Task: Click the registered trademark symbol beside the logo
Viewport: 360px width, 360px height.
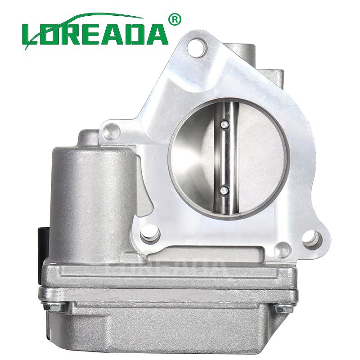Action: coord(175,19)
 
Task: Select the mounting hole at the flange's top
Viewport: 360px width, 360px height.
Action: coord(197,48)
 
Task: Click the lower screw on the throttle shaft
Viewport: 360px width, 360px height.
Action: coord(223,191)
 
